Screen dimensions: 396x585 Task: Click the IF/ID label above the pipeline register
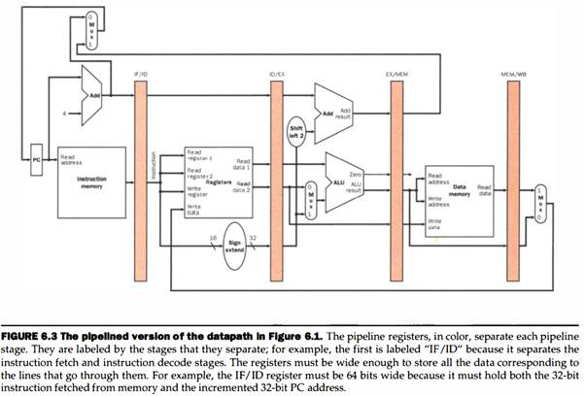[x=139, y=73]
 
